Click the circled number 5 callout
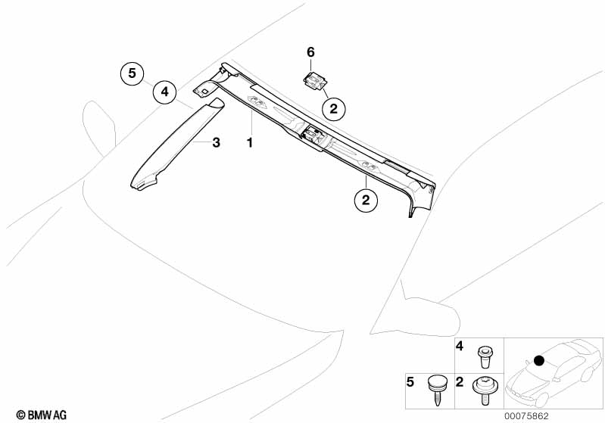click(x=131, y=73)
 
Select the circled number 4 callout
click(x=162, y=93)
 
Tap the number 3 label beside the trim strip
click(x=216, y=142)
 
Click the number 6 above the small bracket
click(x=310, y=52)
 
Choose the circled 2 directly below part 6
click(x=332, y=109)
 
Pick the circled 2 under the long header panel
click(x=365, y=201)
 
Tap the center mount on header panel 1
click(x=312, y=136)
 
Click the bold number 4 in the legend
click(x=460, y=348)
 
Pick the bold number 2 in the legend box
click(x=460, y=382)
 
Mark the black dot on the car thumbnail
click(x=538, y=360)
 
